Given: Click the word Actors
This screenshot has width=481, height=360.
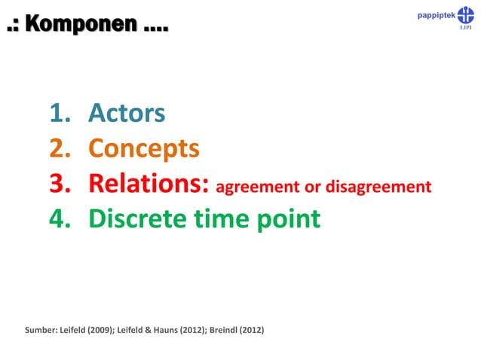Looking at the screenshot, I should [127, 113].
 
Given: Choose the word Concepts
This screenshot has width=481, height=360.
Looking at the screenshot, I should [144, 148].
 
